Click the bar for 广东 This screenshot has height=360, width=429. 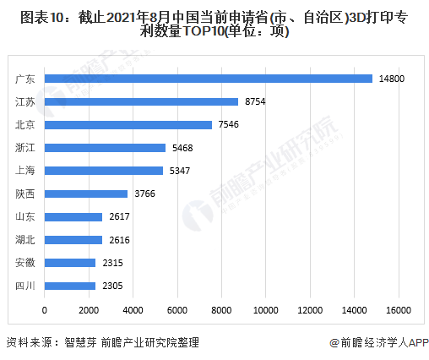208,79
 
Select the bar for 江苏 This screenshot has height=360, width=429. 141,101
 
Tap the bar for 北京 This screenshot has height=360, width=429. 128,124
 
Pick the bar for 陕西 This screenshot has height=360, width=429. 85,194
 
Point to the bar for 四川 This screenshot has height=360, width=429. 69,286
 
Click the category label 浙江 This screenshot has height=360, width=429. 24,148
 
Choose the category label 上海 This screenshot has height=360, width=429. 24,171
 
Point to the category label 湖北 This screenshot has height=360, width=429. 24,240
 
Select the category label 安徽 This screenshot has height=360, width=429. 24,263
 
